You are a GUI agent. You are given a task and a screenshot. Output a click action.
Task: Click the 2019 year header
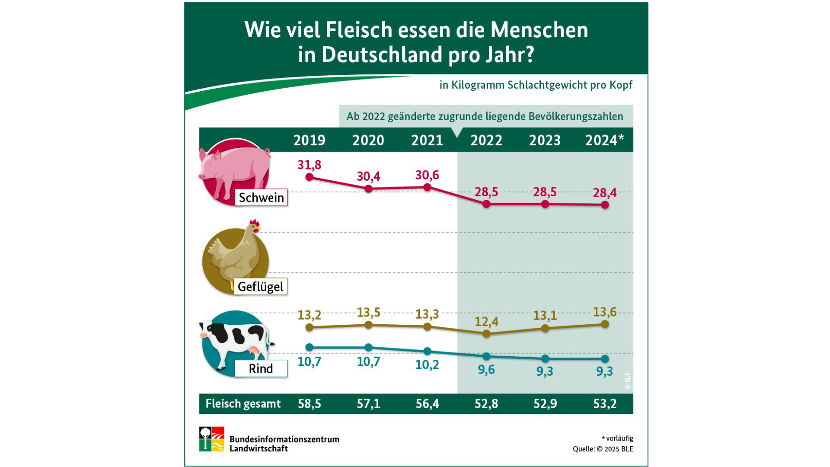pos(309,140)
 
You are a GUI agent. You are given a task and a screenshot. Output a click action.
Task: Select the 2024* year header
pos(604,140)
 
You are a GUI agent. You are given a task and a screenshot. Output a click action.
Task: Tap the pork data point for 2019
pos(309,177)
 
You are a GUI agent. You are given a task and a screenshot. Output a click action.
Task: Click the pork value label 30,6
pos(427,175)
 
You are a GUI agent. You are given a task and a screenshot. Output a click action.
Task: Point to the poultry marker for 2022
pos(486,333)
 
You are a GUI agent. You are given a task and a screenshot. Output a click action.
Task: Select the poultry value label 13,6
pos(604,312)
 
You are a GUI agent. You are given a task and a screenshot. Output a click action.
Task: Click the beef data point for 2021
pos(427,351)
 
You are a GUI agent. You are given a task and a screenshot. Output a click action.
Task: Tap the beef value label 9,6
pos(486,370)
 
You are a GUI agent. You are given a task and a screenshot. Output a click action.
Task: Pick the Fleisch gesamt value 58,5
pos(309,404)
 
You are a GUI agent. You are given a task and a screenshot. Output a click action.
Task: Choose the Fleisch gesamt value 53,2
pos(604,404)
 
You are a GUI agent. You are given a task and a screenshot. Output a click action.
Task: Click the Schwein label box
pos(261,198)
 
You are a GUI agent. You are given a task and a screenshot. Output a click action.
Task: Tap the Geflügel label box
pos(260,287)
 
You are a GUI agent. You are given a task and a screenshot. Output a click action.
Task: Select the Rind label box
pos(261,369)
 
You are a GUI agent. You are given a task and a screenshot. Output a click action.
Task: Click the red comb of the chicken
pos(254,223)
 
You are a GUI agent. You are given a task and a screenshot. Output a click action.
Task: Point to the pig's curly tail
pos(268,152)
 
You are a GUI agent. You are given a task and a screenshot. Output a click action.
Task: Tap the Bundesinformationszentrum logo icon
pos(211,439)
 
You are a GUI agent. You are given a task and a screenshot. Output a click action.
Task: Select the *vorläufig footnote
pos(617,438)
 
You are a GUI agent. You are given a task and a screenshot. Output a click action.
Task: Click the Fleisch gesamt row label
pos(243,404)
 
